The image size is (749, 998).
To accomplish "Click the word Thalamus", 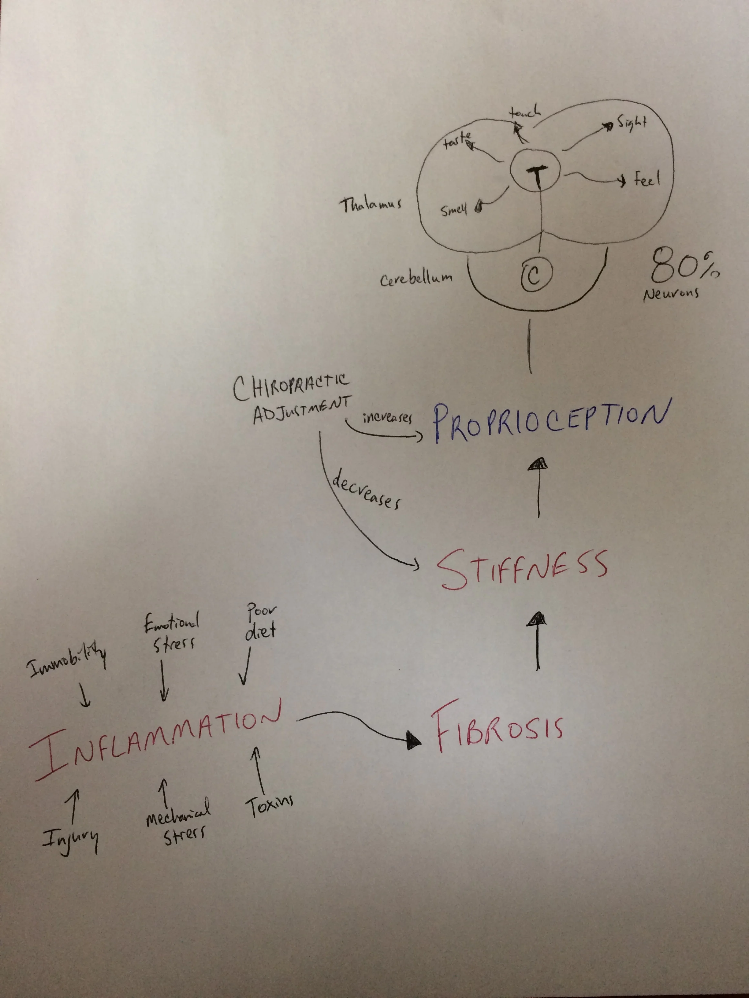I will (370, 206).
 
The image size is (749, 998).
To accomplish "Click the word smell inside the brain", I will (454, 209).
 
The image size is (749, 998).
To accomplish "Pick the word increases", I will (387, 417).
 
